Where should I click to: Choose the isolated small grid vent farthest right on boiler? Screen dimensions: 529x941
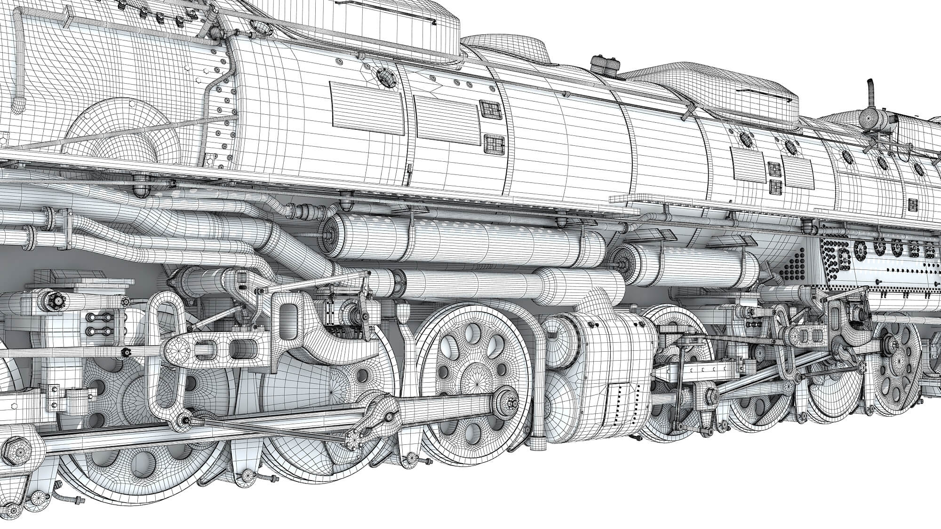coord(913,205)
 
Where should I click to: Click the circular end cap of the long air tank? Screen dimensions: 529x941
coord(329,231)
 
